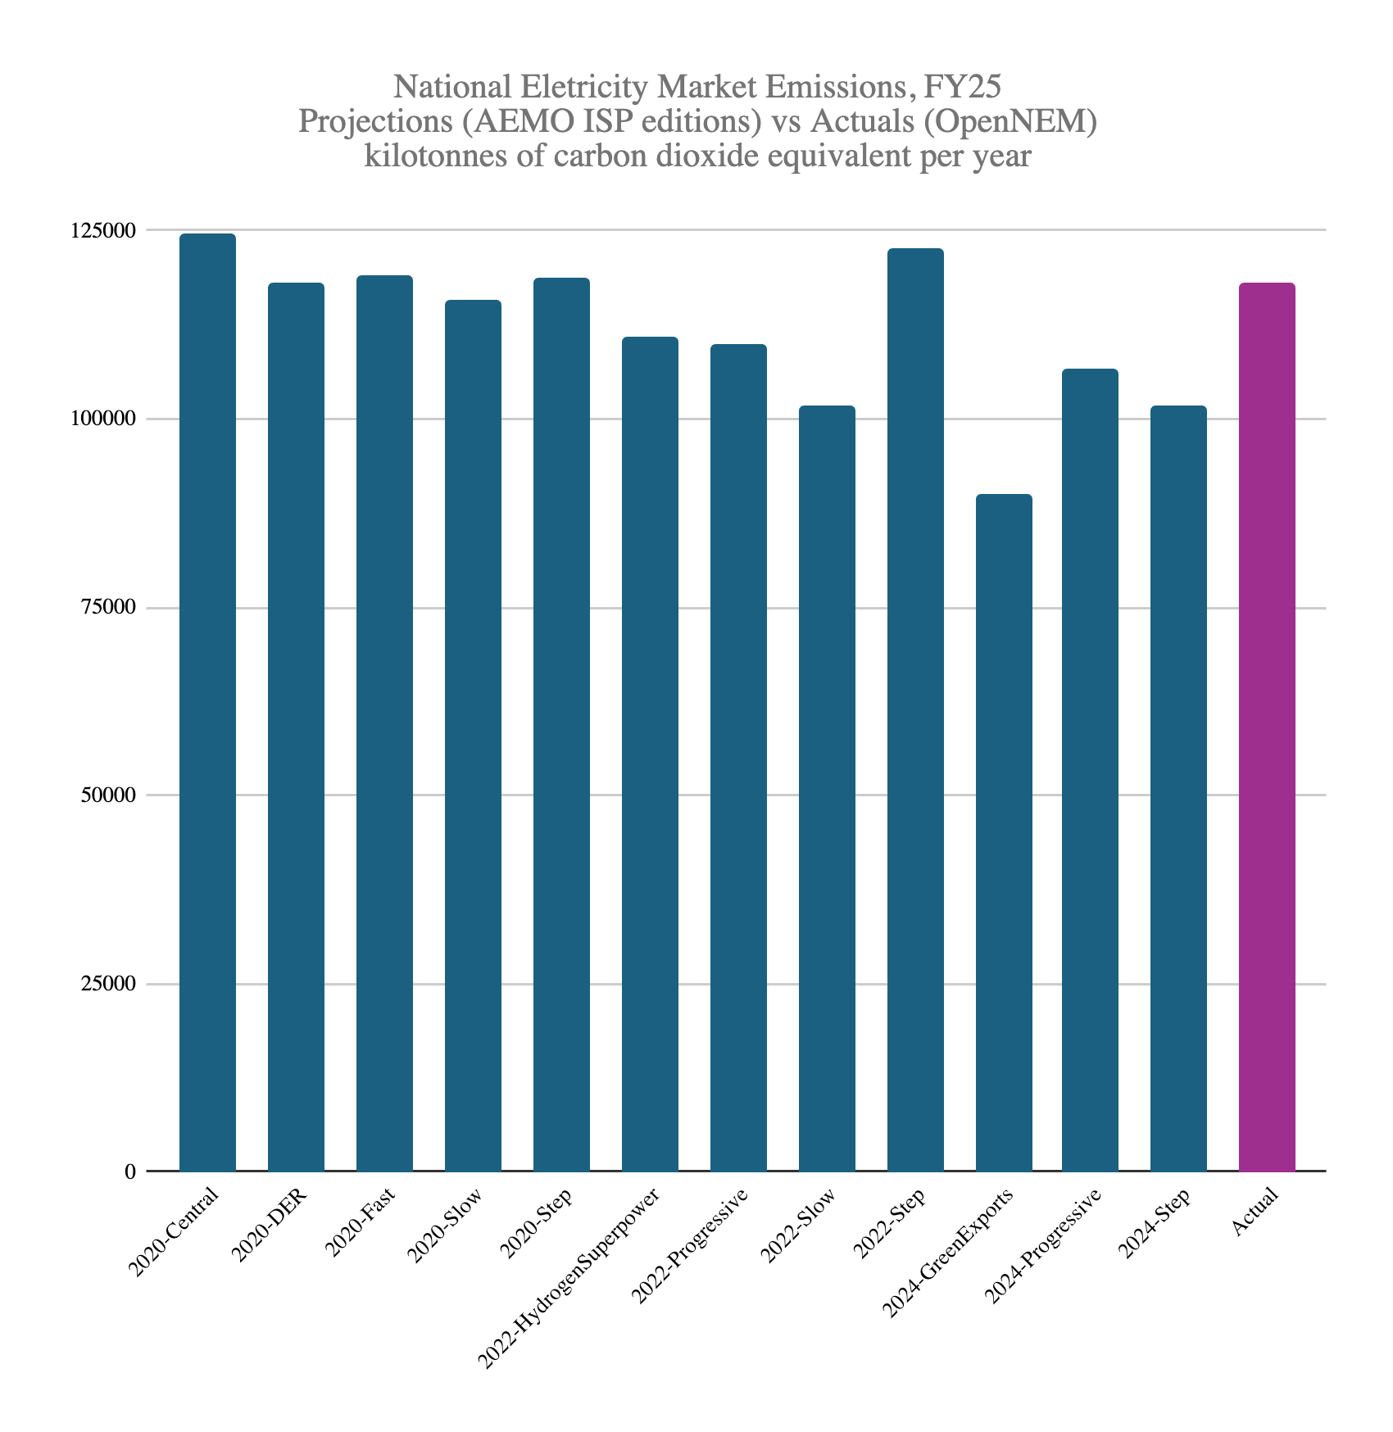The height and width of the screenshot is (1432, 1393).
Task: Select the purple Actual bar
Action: click(1267, 727)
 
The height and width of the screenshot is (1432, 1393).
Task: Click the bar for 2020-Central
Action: click(207, 702)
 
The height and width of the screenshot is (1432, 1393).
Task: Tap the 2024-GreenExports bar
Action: click(1004, 832)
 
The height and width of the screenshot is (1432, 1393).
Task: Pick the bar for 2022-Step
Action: click(915, 709)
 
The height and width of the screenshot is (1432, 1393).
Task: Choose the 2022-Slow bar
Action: click(827, 788)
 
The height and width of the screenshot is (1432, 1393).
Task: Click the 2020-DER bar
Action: click(296, 727)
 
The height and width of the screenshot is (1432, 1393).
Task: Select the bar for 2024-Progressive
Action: click(1090, 770)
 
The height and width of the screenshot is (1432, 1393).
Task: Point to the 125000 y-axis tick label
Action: click(99, 231)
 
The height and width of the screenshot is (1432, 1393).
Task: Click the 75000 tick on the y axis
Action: click(105, 608)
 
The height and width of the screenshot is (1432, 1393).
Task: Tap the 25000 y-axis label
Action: click(105, 984)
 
